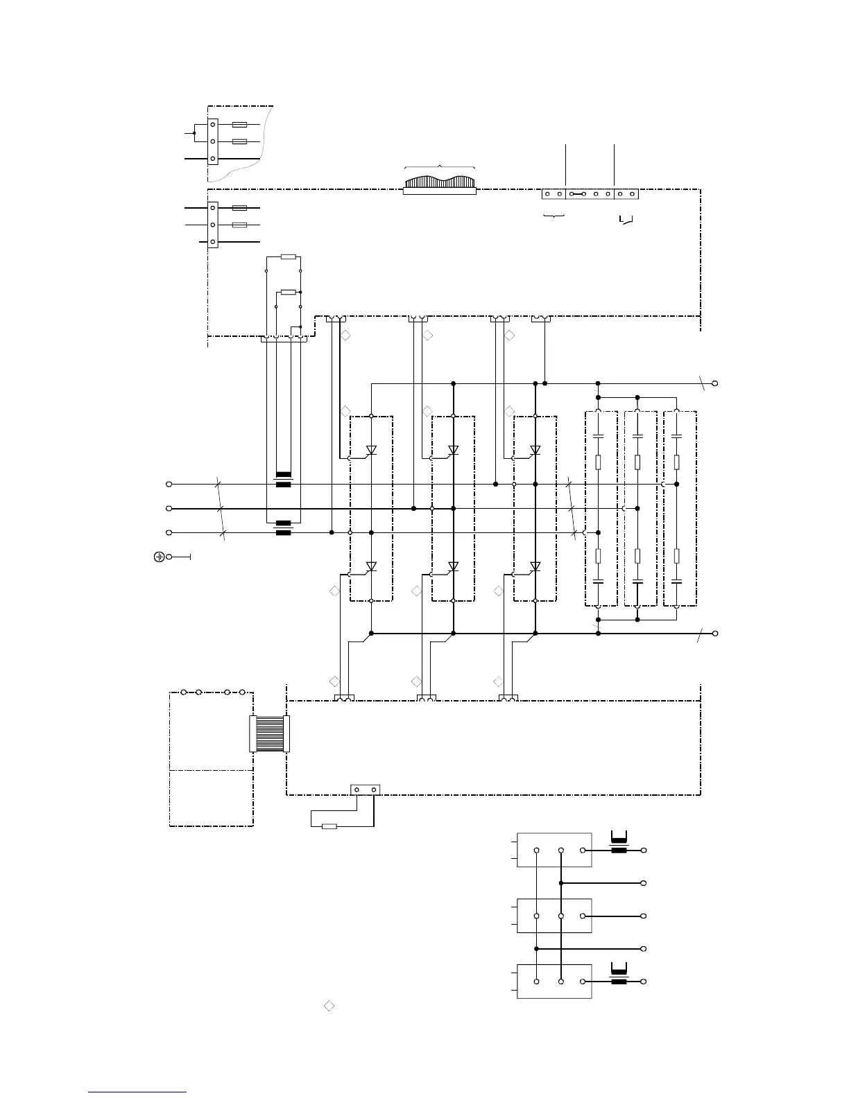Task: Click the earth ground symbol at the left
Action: pyautogui.click(x=159, y=557)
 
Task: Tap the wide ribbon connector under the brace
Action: pyautogui.click(x=440, y=184)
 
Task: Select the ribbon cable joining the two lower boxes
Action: pyautogui.click(x=270, y=733)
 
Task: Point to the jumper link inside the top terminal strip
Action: pyautogui.click(x=578, y=194)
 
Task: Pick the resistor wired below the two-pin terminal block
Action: pyautogui.click(x=330, y=826)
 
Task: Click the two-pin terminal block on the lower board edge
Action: pyautogui.click(x=365, y=790)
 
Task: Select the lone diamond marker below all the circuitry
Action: pyautogui.click(x=329, y=1006)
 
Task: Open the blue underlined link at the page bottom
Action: pyautogui.click(x=138, y=1092)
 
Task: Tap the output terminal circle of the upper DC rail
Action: pyautogui.click(x=715, y=383)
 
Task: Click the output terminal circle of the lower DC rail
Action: pyautogui.click(x=715, y=633)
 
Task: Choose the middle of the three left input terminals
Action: pyautogui.click(x=169, y=508)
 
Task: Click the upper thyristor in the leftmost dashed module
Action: pyautogui.click(x=371, y=450)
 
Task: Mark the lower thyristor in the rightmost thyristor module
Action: pyautogui.click(x=535, y=566)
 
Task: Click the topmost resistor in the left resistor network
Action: pyautogui.click(x=289, y=257)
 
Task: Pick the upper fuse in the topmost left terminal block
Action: pyautogui.click(x=239, y=125)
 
